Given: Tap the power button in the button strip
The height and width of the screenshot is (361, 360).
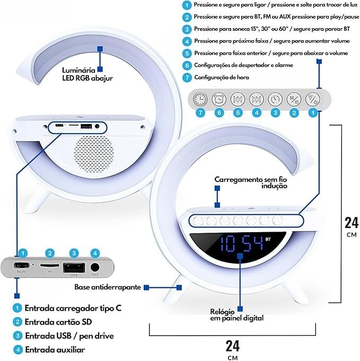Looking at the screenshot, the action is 313,99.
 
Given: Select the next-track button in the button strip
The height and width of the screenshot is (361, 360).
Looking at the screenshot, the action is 256,99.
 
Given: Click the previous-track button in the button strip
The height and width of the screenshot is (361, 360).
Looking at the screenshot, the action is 238,99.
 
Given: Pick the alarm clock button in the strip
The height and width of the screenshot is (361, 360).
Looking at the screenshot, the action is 218,99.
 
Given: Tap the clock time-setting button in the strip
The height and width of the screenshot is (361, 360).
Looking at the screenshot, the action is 200,99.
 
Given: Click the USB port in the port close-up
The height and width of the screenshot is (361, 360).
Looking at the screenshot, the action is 74,267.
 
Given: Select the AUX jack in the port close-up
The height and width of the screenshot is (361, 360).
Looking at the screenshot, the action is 95,267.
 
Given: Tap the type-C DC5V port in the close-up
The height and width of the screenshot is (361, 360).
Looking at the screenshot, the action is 21,266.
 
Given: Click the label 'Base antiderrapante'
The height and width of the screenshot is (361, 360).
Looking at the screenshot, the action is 108,287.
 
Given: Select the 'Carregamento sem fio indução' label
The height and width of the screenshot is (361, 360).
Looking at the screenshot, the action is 251,183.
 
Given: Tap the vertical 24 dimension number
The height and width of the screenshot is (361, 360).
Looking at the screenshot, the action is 351,223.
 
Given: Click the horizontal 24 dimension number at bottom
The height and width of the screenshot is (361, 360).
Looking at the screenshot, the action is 232,346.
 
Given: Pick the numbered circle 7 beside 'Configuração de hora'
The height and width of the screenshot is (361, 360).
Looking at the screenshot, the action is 186,77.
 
